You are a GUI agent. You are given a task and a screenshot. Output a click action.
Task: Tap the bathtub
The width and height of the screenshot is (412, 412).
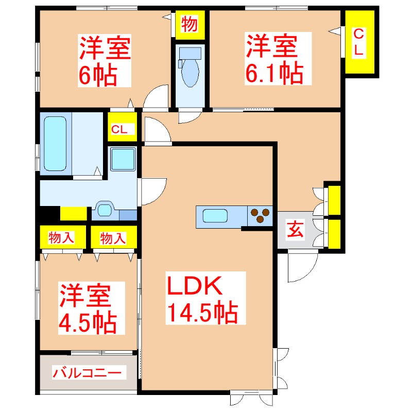(55, 143)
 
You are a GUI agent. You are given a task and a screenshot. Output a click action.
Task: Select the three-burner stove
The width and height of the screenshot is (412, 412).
(260, 215)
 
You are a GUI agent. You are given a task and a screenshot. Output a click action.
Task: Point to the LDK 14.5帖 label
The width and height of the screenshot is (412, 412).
(201, 299)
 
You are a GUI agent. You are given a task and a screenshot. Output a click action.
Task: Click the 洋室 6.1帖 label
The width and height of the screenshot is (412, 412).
(273, 59)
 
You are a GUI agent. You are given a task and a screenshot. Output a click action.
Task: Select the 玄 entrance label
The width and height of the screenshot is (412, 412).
(295, 230)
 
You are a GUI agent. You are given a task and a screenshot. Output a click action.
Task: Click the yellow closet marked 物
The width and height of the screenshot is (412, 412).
(190, 24)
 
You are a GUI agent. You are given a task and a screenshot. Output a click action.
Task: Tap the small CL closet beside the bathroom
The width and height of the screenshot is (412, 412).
(122, 129)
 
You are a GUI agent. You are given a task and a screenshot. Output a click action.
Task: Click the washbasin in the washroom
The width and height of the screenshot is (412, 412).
(105, 209)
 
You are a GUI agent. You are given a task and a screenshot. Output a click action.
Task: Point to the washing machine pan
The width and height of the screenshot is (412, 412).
(123, 159)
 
